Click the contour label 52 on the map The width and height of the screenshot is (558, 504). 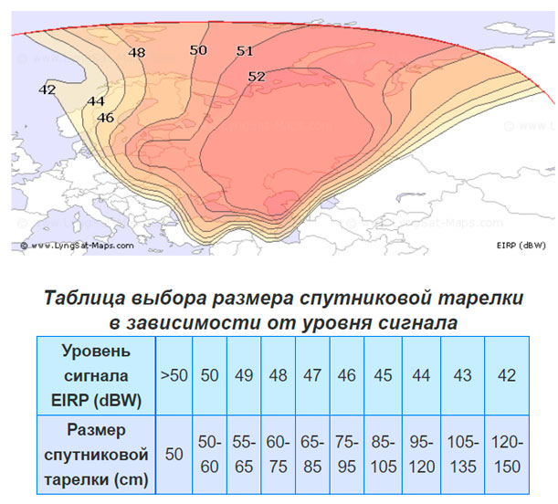click(x=257, y=77)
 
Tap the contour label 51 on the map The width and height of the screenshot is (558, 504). click(x=244, y=51)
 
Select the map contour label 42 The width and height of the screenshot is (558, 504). click(x=47, y=89)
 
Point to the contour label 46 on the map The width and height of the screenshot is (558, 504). click(x=106, y=118)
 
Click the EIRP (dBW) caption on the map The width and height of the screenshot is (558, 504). click(x=521, y=246)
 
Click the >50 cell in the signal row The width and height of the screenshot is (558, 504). click(x=174, y=375)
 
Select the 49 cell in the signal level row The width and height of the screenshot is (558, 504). click(x=244, y=375)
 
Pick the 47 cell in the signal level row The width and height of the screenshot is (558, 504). click(x=313, y=375)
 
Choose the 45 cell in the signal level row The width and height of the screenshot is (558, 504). click(x=382, y=375)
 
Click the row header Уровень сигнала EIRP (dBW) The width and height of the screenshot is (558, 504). click(x=96, y=375)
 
